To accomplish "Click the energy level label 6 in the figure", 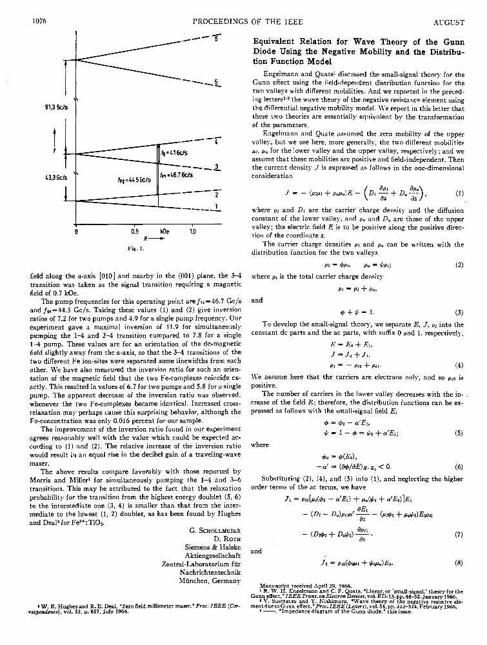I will (x=216, y=39).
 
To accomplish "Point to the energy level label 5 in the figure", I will (x=217, y=83).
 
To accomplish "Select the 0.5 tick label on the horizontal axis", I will (x=134, y=231).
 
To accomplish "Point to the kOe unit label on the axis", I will (x=164, y=231).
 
